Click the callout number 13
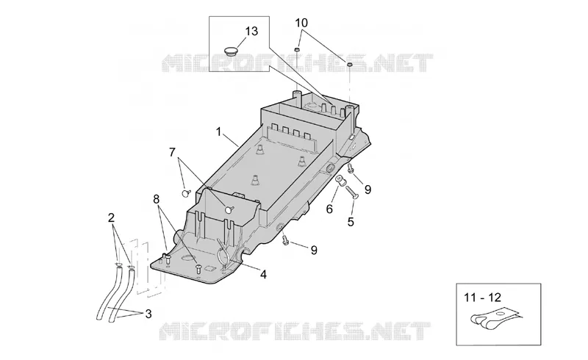[251, 31]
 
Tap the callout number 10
[301, 23]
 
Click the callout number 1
[218, 132]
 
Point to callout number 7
[172, 152]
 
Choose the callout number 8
[157, 199]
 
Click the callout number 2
[111, 218]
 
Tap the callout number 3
[148, 314]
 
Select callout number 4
[263, 275]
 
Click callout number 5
[351, 222]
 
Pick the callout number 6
[329, 209]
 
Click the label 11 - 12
[482, 298]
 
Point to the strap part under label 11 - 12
[494, 318]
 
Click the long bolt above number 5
[352, 192]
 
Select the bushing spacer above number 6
[340, 181]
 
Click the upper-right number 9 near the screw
[367, 190]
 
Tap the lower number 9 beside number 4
[314, 250]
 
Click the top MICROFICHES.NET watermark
[297, 62]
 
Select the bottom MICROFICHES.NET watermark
[295, 331]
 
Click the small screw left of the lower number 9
[286, 240]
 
